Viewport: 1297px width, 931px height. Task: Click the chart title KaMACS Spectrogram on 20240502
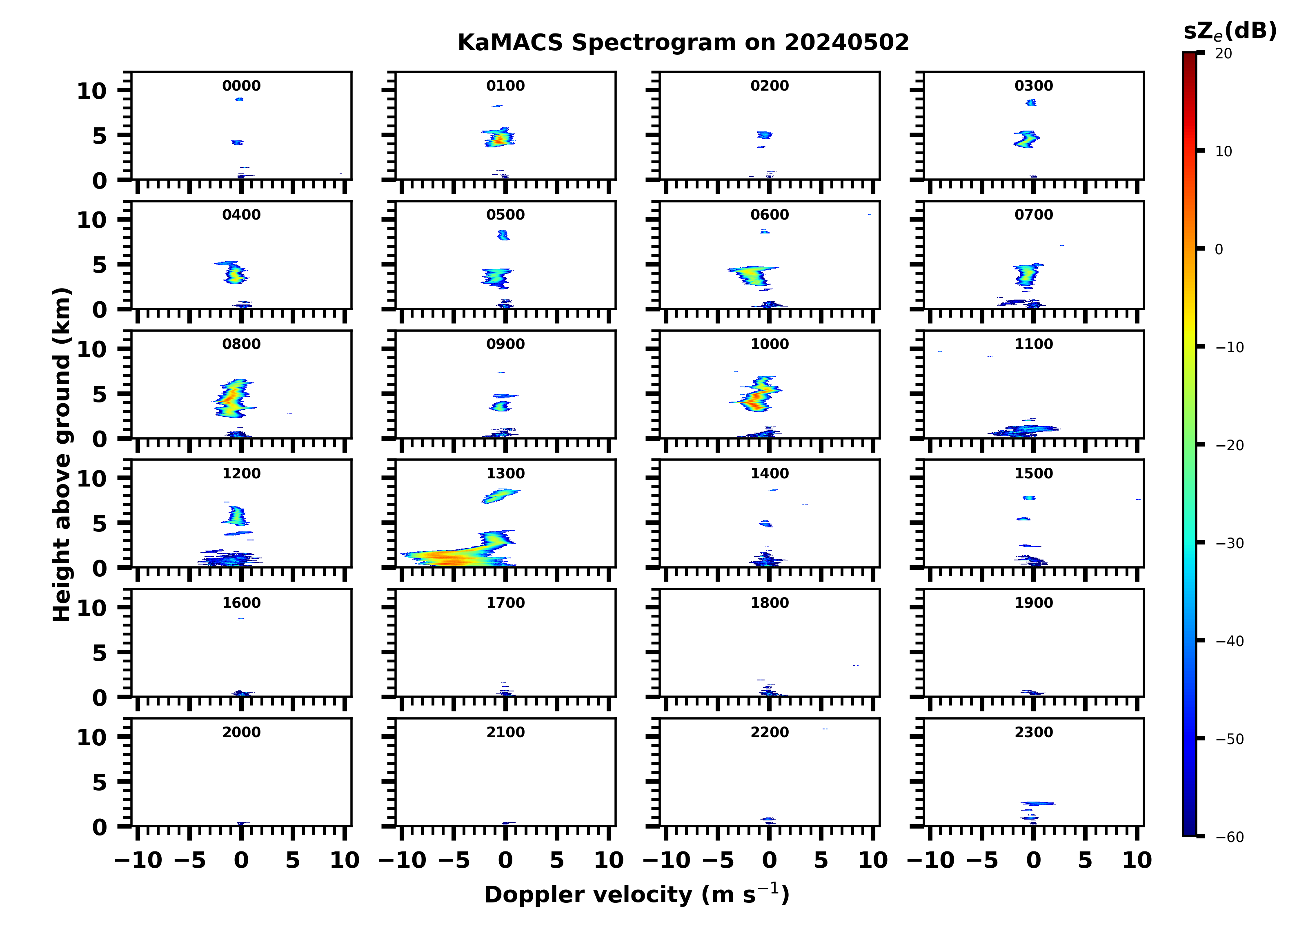click(x=683, y=42)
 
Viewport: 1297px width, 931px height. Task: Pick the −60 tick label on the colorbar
click(x=1230, y=837)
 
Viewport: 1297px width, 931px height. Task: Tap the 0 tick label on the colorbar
click(x=1219, y=249)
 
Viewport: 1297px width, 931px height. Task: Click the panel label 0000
click(x=241, y=86)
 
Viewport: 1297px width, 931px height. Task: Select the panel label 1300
click(x=505, y=473)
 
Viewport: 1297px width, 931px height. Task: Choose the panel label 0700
click(x=1033, y=215)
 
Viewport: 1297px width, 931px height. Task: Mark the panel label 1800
click(x=769, y=603)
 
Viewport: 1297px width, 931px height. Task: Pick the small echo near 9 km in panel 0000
click(x=239, y=100)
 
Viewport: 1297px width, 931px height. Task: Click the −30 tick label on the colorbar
click(x=1230, y=543)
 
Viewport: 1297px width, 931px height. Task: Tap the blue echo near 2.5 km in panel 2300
click(x=1038, y=804)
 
